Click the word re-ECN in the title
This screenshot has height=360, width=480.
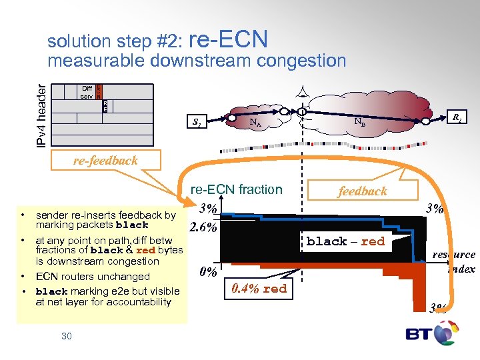click(229, 40)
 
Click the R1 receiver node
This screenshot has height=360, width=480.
click(457, 117)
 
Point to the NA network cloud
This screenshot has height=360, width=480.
click(255, 121)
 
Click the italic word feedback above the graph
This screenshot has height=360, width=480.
click(362, 191)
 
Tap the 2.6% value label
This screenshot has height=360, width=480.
click(203, 227)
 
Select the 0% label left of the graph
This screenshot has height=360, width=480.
click(208, 272)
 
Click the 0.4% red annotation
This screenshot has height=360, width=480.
click(259, 289)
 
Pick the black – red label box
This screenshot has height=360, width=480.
click(345, 241)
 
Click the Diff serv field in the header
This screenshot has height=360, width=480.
click(87, 93)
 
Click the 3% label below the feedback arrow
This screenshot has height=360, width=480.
click(434, 209)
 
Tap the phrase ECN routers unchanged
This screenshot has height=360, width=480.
click(93, 277)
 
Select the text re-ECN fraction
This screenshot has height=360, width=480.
click(237, 189)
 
